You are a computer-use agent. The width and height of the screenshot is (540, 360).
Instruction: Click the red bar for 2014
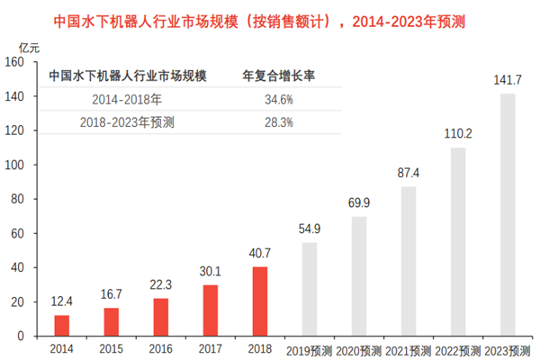(61, 325)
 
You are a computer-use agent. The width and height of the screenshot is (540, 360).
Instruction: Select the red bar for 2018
(259, 301)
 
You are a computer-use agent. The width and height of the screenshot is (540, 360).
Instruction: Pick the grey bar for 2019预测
(310, 289)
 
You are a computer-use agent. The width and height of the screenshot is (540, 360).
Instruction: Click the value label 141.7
(508, 81)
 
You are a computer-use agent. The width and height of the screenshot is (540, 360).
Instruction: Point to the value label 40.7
(259, 255)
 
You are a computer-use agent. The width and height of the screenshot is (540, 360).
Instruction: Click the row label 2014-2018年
(126, 99)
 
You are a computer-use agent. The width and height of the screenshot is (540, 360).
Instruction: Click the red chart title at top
(270, 18)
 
